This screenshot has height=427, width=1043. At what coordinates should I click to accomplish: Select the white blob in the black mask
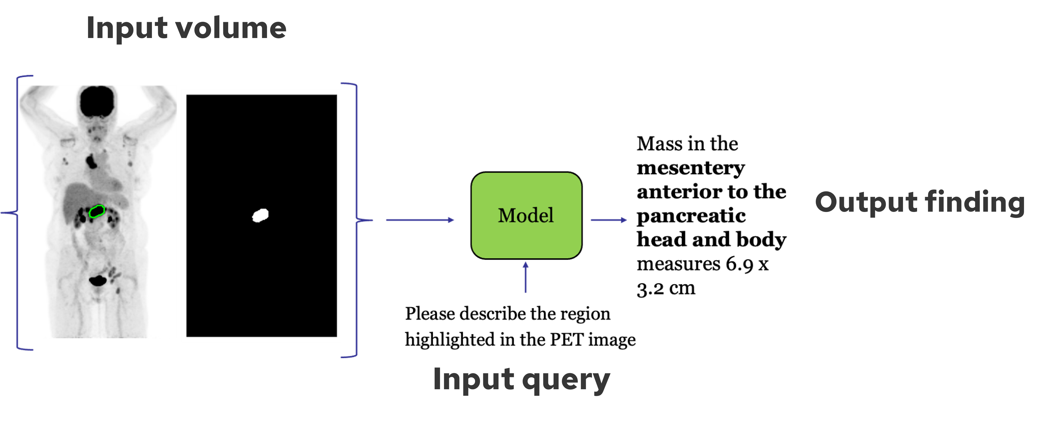[x=260, y=215]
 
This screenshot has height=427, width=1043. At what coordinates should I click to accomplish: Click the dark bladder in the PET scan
[x=97, y=280]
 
